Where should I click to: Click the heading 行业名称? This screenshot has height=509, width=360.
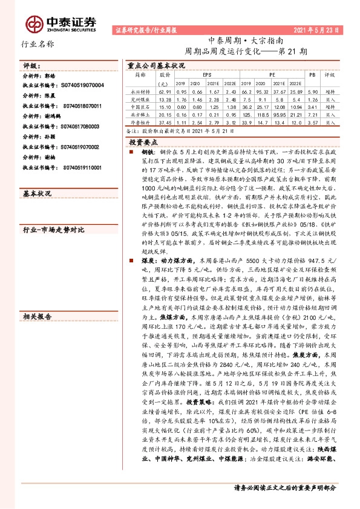(38, 44)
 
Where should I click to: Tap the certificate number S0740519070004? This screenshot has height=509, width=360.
(76, 86)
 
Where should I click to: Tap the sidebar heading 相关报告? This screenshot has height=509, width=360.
(37, 316)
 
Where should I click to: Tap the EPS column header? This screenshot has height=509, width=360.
(208, 74)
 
